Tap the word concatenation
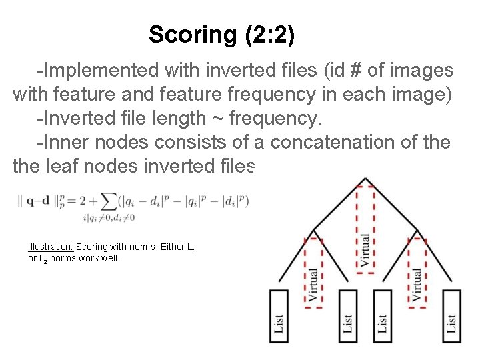point(333,143)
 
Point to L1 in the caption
point(191,248)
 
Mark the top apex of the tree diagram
point(364,179)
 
